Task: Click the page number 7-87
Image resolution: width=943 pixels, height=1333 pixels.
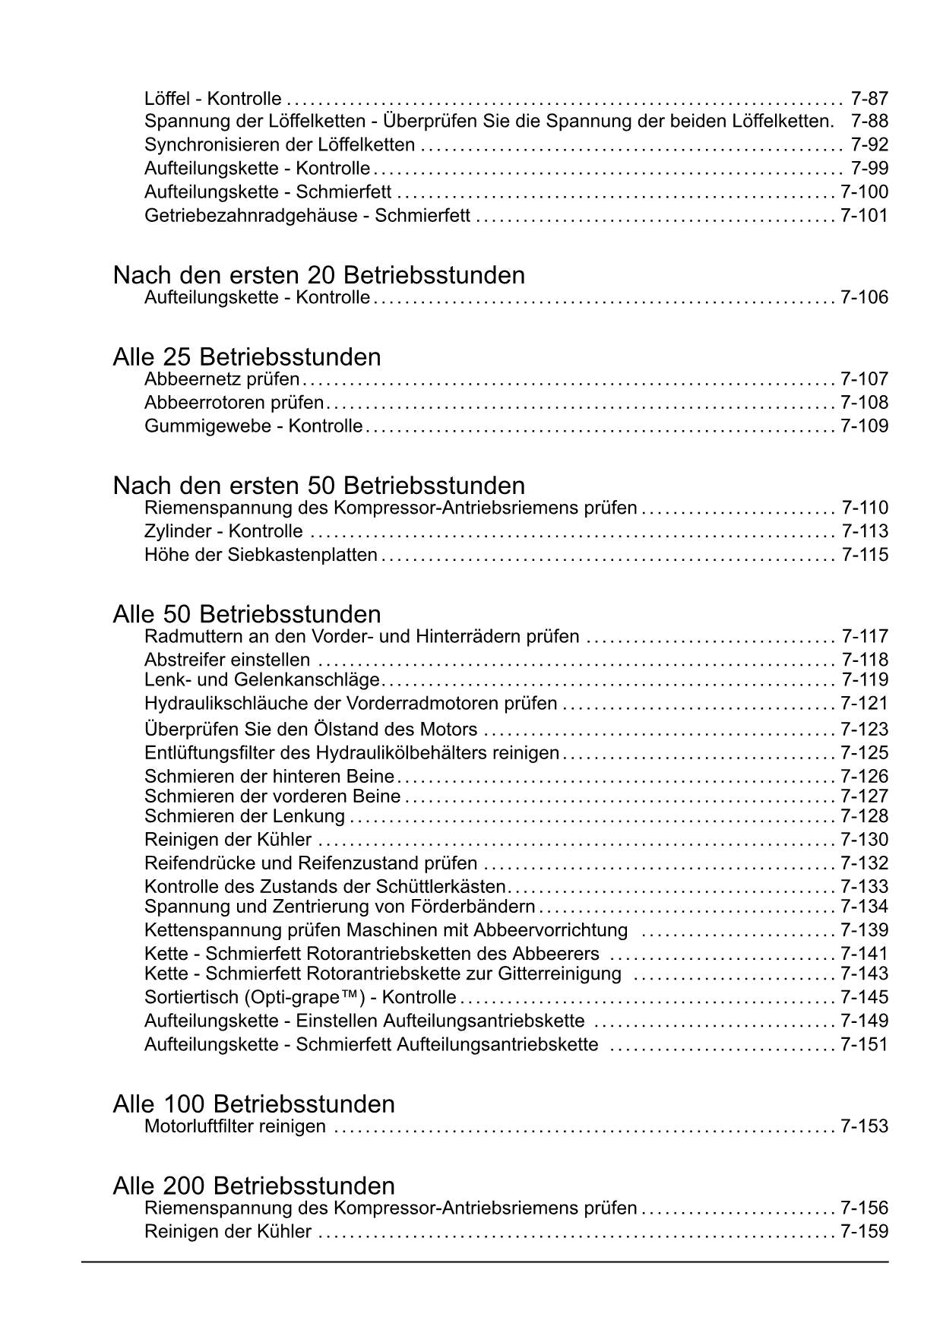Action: pos(869,99)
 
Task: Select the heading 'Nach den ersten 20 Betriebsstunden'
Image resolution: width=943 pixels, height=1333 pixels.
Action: pos(318,275)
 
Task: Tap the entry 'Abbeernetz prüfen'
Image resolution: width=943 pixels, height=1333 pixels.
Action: pos(221,379)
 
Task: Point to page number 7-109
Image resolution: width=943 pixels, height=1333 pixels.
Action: pos(864,426)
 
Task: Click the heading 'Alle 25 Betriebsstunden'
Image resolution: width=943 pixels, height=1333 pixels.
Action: pos(247,357)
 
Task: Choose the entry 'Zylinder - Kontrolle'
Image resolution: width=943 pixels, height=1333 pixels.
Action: pos(223,531)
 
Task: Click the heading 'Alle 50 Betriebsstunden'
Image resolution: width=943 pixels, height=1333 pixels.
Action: pos(247,614)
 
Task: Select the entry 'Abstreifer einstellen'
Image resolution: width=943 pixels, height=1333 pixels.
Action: pos(227,660)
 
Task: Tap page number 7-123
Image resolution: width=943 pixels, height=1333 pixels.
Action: pos(864,730)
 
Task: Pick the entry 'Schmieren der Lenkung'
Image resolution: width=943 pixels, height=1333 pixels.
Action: pos(244,816)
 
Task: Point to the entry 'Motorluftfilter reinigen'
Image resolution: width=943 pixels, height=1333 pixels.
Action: pos(235,1126)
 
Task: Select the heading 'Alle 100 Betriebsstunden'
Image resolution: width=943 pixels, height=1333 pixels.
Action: pos(254,1104)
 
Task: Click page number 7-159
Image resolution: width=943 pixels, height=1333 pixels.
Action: pos(864,1231)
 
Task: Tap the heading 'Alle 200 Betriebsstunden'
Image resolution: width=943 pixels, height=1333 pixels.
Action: pos(254,1186)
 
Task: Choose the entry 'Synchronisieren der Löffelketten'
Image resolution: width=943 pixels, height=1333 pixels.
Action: pos(280,145)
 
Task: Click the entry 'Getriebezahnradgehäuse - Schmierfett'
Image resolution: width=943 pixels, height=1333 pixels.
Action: pos(307,216)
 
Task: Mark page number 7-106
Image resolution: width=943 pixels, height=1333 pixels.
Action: pos(864,298)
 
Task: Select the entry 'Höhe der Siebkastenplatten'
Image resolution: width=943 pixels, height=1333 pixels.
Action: pos(261,555)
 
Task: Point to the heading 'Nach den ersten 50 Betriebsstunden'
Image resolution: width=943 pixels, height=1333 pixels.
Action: pos(318,486)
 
